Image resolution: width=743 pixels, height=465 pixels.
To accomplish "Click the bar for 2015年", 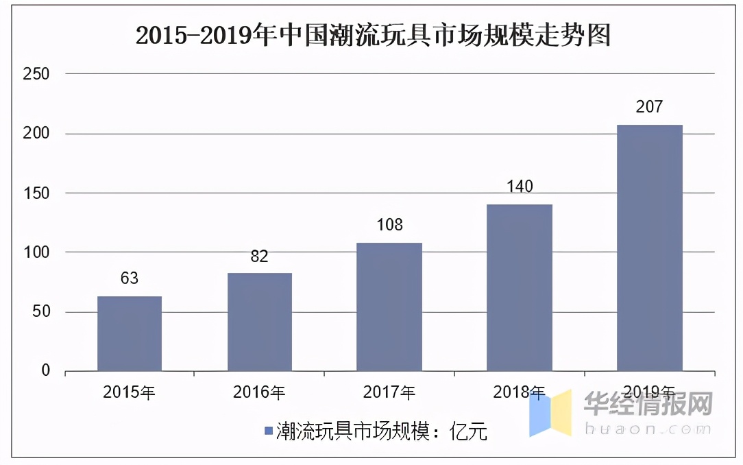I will coord(130,334).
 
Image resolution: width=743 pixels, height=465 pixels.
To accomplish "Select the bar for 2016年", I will coord(260,322).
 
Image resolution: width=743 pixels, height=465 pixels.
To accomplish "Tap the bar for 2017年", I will coord(389,307).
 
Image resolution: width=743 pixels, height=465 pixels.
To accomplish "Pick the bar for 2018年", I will coord(520,288).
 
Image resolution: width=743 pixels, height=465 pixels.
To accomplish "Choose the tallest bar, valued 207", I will coord(649,248).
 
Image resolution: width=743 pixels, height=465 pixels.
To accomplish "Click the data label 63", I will coord(130,278).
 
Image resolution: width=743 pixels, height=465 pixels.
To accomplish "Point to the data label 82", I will coord(260,257).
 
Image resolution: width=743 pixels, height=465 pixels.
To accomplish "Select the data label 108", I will coord(389,225).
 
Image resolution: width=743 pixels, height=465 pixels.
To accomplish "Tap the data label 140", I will coord(520,187).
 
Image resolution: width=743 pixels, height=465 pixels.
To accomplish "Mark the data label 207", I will coord(649,107).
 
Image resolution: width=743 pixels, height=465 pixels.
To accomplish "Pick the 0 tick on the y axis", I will coord(46,371).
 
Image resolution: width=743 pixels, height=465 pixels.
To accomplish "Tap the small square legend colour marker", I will coord(268,431).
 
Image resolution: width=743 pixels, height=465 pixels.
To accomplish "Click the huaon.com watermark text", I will coord(648,429).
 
